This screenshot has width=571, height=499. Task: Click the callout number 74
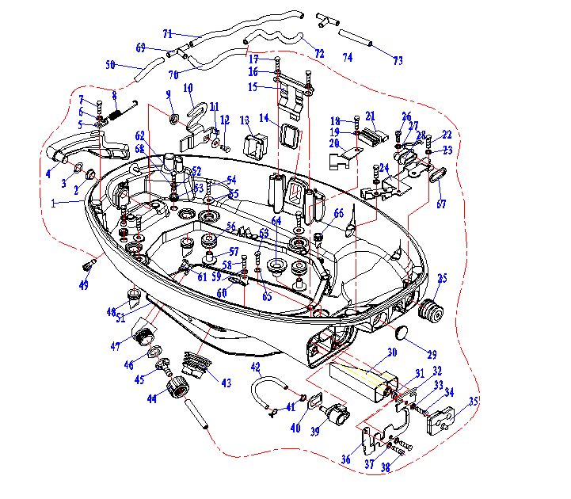[x=347, y=58]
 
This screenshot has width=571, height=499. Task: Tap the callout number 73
[x=398, y=61]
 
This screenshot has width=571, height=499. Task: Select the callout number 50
[x=111, y=64]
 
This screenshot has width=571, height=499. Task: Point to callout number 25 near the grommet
[x=442, y=278]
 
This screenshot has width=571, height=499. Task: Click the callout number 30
[x=391, y=353]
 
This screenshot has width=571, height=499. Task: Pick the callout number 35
[x=474, y=402]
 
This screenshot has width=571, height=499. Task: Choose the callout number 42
[x=256, y=367]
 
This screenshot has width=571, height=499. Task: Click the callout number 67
[x=441, y=205]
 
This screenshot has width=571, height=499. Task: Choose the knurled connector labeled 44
[x=178, y=387]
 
